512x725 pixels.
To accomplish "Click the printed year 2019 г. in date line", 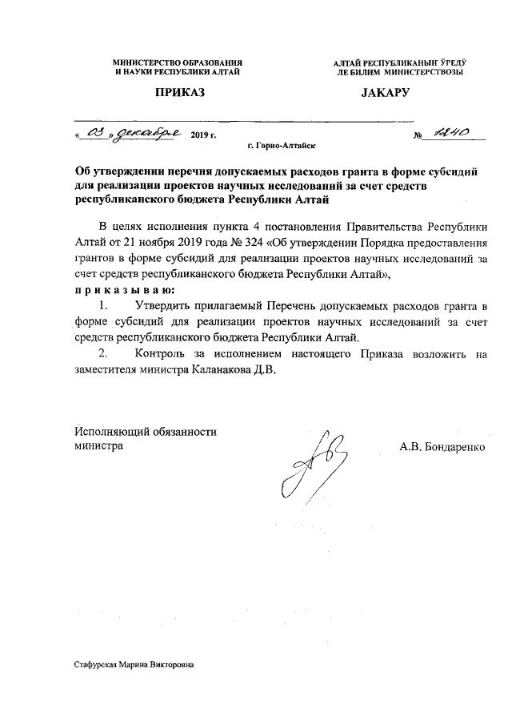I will [x=204, y=136].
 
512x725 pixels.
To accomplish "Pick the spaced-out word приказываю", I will [x=119, y=289].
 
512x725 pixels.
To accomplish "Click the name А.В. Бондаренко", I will [x=442, y=446].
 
